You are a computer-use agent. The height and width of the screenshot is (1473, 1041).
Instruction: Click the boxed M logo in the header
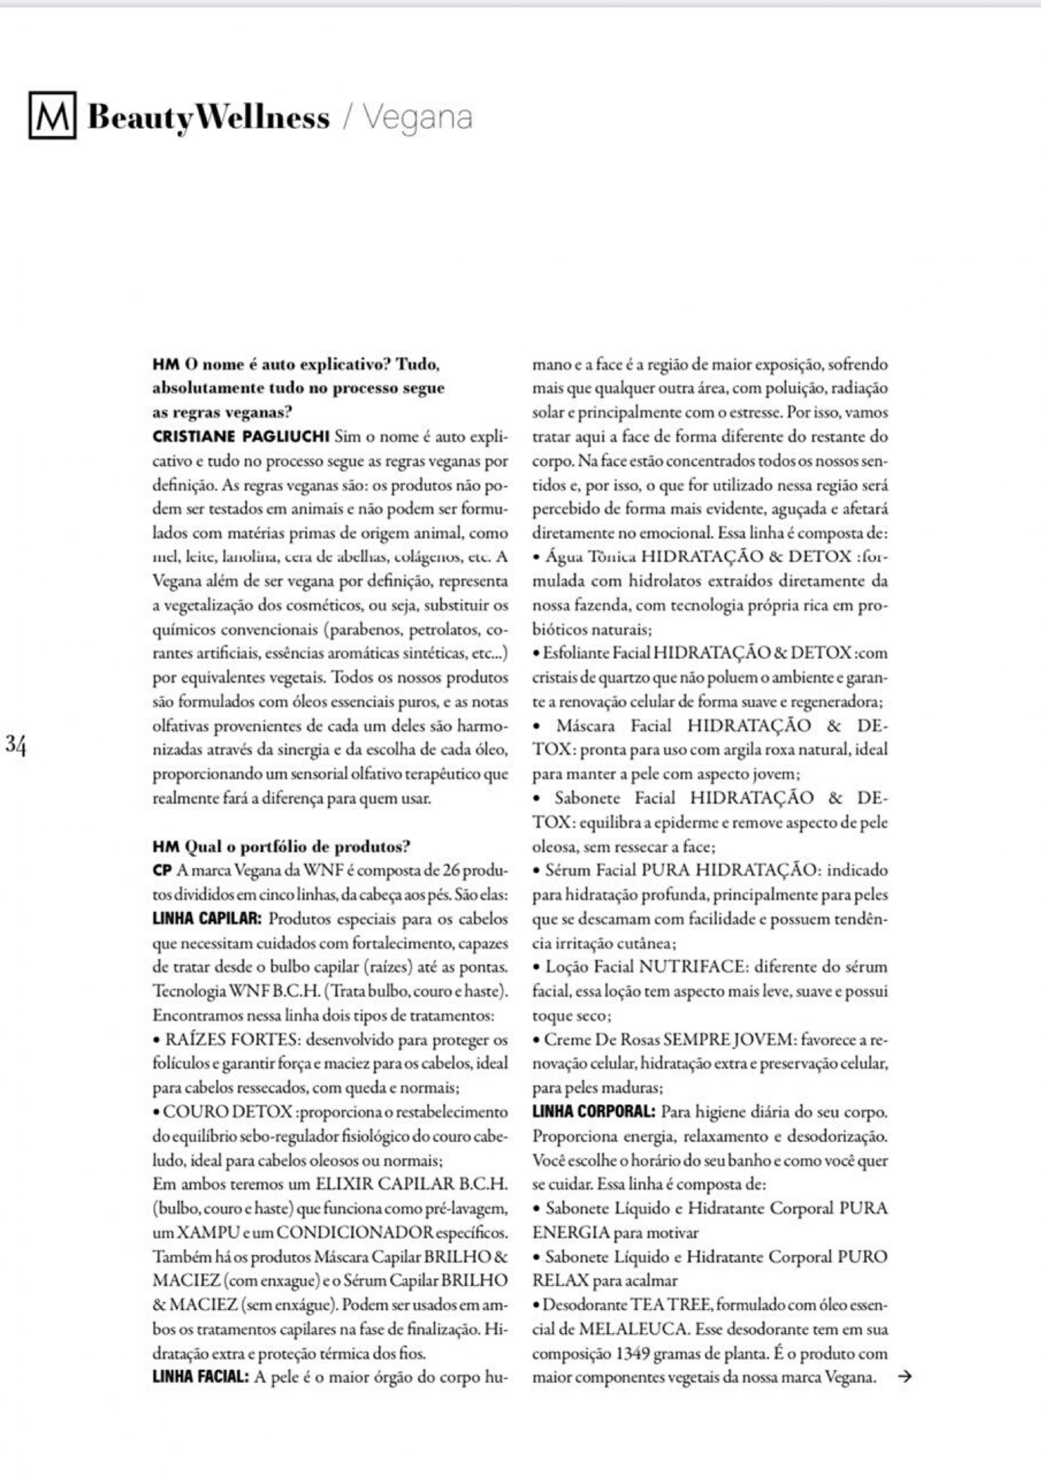pos(52,116)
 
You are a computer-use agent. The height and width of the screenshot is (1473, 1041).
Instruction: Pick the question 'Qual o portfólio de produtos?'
pos(297,847)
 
